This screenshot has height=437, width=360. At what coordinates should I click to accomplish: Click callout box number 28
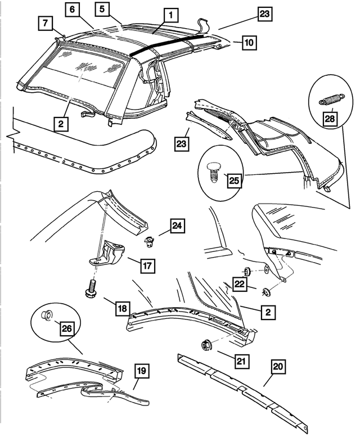[330, 119]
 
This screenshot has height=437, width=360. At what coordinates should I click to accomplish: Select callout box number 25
[234, 181]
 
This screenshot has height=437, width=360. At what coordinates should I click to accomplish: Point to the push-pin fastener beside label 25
[213, 172]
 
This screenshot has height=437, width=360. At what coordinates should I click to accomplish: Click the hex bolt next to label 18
[91, 289]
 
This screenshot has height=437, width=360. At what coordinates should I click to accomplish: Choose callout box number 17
[147, 265]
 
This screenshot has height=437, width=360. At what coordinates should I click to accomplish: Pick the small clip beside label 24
[150, 241]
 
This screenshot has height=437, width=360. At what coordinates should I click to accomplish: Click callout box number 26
[67, 328]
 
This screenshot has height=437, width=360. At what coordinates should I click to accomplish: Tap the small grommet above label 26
[46, 314]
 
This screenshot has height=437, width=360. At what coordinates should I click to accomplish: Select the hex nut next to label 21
[206, 345]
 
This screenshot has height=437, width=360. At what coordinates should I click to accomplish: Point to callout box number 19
[142, 371]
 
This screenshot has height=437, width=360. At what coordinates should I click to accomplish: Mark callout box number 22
[240, 284]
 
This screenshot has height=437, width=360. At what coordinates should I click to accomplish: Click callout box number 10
[249, 42]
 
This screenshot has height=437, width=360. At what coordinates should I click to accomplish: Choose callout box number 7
[46, 23]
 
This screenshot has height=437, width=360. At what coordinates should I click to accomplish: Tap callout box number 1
[171, 15]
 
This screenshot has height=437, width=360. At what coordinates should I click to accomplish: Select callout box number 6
[73, 10]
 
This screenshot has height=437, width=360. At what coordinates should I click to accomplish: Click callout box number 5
[102, 9]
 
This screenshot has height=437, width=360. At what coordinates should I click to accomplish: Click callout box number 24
[177, 226]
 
